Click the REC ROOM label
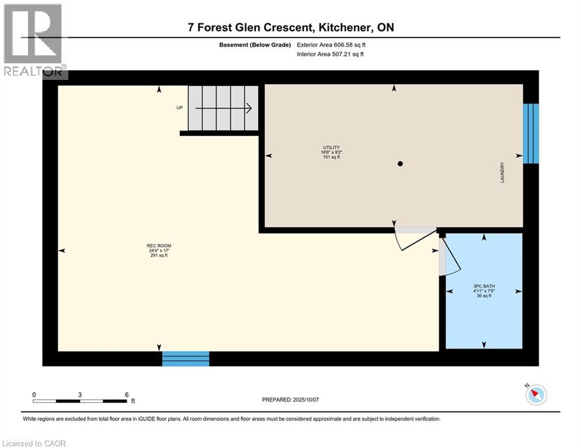pyautogui.click(x=159, y=246)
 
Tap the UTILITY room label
pyautogui.click(x=331, y=148)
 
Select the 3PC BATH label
pyautogui.click(x=484, y=286)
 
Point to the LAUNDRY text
pyautogui.click(x=502, y=172)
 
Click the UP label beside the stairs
pyautogui.click(x=180, y=108)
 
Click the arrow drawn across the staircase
pyautogui.click(x=224, y=108)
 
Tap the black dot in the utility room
pyautogui.click(x=400, y=164)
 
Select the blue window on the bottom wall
pyautogui.click(x=186, y=359)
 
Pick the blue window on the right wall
pyautogui.click(x=531, y=134)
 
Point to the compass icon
pyautogui.click(x=536, y=394)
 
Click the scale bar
pyautogui.click(x=79, y=401)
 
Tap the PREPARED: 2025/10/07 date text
pyautogui.click(x=291, y=400)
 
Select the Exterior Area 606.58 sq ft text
pyautogui.click(x=331, y=45)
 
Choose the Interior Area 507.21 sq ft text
pyautogui.click(x=330, y=54)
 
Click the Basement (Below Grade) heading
pyautogui.click(x=255, y=45)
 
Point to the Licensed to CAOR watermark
pyautogui.click(x=34, y=443)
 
